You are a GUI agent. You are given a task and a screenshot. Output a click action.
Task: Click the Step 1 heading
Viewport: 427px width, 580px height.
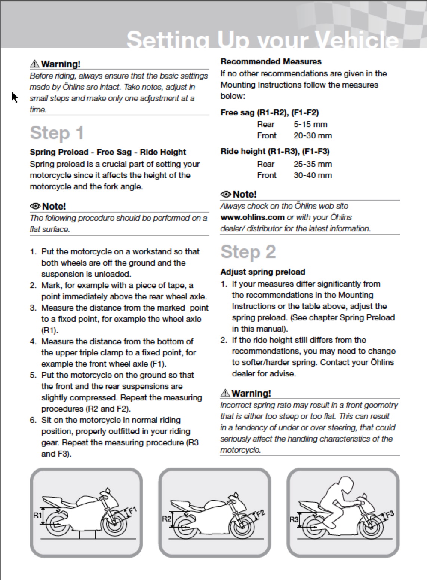(x=57, y=133)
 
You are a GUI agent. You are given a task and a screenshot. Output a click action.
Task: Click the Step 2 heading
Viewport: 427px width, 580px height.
(x=248, y=252)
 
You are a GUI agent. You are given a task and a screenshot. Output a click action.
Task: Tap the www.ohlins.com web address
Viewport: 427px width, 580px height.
(x=252, y=217)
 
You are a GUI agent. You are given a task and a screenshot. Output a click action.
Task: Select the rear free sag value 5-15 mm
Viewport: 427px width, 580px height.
(x=310, y=125)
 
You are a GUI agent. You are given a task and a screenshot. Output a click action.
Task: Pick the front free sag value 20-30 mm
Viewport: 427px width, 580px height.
(x=313, y=136)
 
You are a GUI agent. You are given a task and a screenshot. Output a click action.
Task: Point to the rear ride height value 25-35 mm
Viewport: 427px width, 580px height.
(x=313, y=164)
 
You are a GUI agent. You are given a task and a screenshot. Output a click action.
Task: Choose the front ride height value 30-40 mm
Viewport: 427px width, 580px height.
(x=313, y=175)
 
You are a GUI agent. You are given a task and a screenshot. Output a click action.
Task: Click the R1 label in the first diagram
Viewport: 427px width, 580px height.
(x=38, y=515)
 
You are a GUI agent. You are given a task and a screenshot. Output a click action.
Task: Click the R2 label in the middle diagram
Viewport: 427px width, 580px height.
(x=166, y=519)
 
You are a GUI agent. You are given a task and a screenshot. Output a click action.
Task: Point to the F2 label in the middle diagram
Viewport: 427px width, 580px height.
(x=260, y=513)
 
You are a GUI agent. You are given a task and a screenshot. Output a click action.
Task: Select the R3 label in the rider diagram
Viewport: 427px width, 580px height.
(x=294, y=519)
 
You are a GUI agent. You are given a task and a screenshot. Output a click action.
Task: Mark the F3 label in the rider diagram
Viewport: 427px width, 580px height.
(x=389, y=514)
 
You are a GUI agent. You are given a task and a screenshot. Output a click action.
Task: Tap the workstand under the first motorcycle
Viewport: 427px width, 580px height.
(x=88, y=534)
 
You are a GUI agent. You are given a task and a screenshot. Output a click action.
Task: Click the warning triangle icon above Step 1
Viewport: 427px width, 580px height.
(x=35, y=64)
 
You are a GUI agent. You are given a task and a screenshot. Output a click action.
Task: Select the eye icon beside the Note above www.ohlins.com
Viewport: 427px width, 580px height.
(x=225, y=194)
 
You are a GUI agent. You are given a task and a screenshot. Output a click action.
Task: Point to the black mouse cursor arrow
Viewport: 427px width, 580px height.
(x=14, y=97)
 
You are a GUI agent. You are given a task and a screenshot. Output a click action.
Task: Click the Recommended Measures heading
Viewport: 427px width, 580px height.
(x=271, y=61)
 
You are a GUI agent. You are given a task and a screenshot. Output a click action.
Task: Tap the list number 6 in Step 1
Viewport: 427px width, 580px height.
(x=33, y=420)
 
